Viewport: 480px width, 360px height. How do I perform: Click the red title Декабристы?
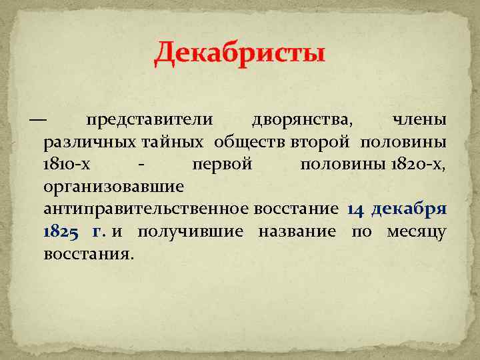coord(239,53)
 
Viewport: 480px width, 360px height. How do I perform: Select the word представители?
coord(149,120)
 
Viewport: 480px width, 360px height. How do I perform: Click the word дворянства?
coord(302,120)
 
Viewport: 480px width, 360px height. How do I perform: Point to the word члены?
coord(420,120)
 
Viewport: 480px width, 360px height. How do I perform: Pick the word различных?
coord(90,142)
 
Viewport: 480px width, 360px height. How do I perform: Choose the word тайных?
coord(174,142)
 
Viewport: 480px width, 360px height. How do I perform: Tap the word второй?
coord(321,142)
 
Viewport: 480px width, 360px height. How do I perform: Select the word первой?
coord(222,164)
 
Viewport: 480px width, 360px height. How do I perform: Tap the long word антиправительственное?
coord(146,209)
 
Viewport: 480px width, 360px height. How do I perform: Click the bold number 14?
coord(355,209)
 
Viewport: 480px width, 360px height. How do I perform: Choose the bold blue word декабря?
coord(409,209)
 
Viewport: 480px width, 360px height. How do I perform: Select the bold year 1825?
coord(62,231)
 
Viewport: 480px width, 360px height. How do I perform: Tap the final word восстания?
coord(88,254)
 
